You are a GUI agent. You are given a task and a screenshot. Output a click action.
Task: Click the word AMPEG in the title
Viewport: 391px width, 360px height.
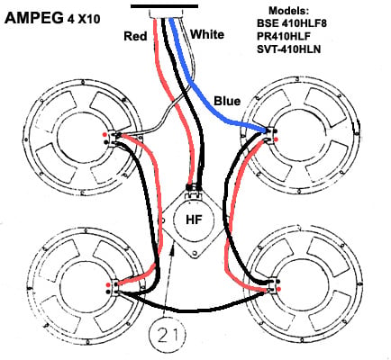click(x=34, y=19)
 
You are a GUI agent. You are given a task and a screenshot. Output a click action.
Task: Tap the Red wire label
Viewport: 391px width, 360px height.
click(x=135, y=36)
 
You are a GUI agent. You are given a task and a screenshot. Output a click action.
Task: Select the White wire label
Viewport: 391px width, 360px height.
click(x=207, y=34)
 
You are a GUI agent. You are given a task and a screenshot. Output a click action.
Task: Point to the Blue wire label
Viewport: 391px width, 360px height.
click(x=227, y=101)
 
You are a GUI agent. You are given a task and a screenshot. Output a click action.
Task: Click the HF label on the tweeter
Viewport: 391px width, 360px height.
click(x=195, y=220)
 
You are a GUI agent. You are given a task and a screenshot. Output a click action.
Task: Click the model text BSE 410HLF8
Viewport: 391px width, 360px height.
click(x=291, y=23)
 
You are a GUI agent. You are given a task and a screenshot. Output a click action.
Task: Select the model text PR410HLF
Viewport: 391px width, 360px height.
click(x=284, y=36)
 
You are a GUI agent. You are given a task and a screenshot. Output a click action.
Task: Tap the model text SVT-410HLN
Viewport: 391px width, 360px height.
click(x=288, y=49)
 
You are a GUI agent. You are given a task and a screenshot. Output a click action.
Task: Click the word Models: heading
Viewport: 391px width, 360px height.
click(x=288, y=11)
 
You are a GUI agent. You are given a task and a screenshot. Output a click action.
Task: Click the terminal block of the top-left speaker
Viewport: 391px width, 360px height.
click(x=112, y=139)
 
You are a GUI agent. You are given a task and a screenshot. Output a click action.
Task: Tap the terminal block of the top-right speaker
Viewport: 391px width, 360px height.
click(x=271, y=136)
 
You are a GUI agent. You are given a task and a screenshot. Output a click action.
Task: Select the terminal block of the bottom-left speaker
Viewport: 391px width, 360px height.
click(x=115, y=287)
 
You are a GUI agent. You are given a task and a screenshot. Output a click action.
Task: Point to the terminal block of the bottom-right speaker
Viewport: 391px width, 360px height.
click(x=273, y=285)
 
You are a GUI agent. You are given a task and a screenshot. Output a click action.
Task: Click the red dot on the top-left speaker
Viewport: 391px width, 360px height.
click(x=104, y=134)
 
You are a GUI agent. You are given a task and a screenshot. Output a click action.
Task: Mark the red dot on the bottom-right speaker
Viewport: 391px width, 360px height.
click(x=279, y=289)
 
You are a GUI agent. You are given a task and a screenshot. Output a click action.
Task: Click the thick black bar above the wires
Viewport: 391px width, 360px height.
click(x=164, y=6)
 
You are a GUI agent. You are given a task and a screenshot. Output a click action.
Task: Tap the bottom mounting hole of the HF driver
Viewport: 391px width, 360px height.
click(x=195, y=254)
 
